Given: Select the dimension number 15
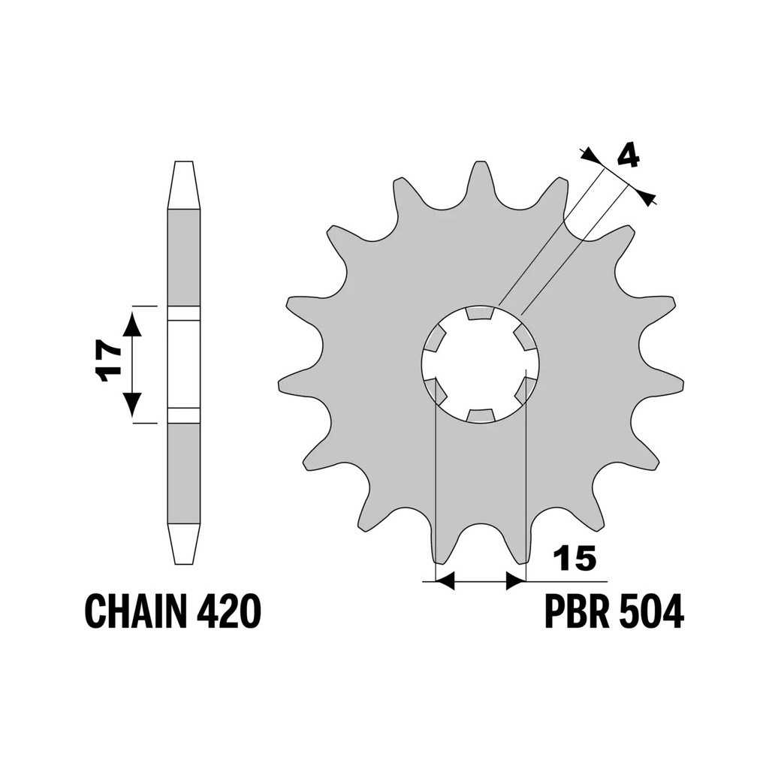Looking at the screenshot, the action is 574,558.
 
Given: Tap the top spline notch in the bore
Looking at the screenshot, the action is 480,313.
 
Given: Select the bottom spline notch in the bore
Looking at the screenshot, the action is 480,416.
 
